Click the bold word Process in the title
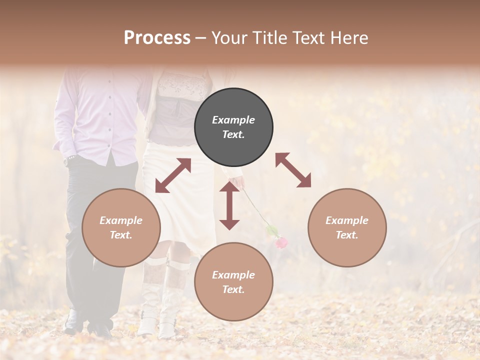[157, 38]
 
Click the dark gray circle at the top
[233, 127]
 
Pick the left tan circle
[121, 227]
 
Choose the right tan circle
[347, 227]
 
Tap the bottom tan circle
[233, 281]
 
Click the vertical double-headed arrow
[229, 205]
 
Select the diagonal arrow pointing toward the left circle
[173, 175]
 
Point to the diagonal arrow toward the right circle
[293, 170]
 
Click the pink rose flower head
[282, 243]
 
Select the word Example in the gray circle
[233, 120]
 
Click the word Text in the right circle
[346, 235]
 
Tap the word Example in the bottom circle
[233, 274]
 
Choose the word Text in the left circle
[120, 235]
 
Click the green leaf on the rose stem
[271, 230]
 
